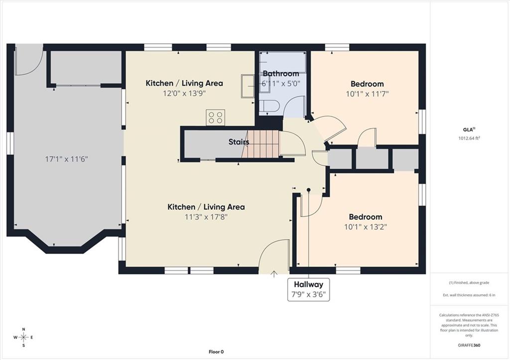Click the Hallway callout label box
pos(308,289)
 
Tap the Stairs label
pos(239,142)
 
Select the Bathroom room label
pos(281,74)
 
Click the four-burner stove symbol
pos(215,118)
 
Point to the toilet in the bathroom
pos(269,106)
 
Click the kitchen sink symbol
pos(248,86)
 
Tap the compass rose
pos(23,337)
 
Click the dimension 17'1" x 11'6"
pos(66,159)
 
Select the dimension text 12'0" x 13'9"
pos(184,94)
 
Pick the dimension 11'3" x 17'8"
pos(206,217)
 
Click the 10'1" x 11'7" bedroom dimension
pos(367,94)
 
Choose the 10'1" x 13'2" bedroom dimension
pos(365,227)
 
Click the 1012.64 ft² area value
pos(469,138)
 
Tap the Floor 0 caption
pos(216,352)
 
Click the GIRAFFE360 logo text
pos(469,345)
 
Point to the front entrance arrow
pos(274,274)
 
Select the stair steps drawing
pos(260,144)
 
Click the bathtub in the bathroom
pos(283,62)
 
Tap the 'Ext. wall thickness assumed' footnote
pos(469,295)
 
